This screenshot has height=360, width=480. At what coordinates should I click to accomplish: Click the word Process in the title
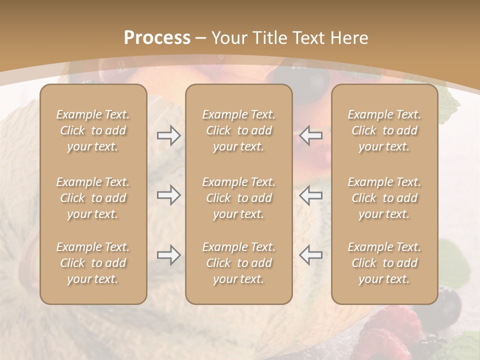(157, 38)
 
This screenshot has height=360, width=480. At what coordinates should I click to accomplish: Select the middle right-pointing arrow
(168, 195)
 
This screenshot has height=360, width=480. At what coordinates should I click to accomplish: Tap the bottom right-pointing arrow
(168, 255)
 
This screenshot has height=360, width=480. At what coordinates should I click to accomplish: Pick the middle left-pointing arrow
(310, 195)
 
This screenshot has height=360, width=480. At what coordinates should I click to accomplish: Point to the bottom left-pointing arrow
(310, 255)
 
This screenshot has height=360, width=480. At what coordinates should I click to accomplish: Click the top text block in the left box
(93, 130)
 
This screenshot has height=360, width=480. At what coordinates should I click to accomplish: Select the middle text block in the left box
(93, 198)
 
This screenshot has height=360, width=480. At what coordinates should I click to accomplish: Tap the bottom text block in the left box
(93, 263)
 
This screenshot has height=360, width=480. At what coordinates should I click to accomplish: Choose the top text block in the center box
(238, 130)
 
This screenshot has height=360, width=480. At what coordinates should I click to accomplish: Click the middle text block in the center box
(238, 198)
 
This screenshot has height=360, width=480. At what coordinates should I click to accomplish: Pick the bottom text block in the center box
(238, 263)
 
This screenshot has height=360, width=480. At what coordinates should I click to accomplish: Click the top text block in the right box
(384, 130)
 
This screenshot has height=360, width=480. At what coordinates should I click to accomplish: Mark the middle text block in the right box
(384, 198)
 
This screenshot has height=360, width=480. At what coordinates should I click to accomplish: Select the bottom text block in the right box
(384, 263)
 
